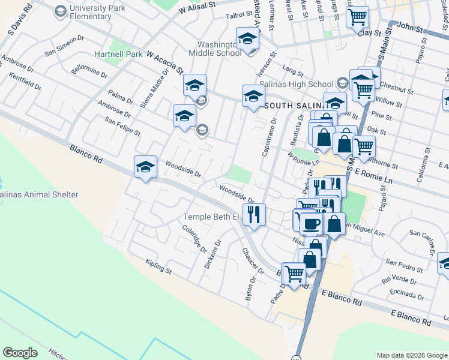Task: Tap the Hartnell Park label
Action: click(x=118, y=54)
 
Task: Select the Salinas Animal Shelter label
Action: click(x=39, y=195)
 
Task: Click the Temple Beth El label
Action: click(x=211, y=217)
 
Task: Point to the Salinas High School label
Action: click(x=305, y=84)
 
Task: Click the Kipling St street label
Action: click(x=158, y=267)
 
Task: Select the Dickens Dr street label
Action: click(x=213, y=254)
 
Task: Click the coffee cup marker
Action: click(x=311, y=223)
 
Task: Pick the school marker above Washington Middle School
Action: click(x=247, y=39)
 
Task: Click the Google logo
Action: click(x=20, y=353)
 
